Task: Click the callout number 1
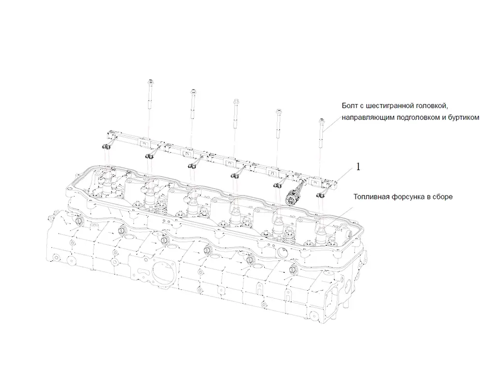[x=358, y=167]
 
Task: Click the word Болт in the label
[x=350, y=106]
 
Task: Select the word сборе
[x=443, y=196]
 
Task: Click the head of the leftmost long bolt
[x=150, y=82]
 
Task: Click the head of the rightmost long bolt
[x=321, y=120]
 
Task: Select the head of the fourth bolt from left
[x=279, y=111]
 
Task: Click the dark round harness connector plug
[x=291, y=196]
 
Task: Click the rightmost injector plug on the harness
[x=321, y=195]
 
